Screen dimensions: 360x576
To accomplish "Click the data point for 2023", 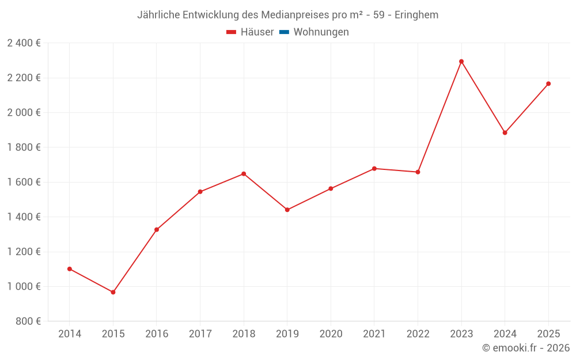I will pyautogui.click(x=461, y=62).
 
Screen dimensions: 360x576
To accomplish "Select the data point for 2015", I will pyautogui.click(x=113, y=292).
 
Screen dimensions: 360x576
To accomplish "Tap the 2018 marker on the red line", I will pyautogui.click(x=244, y=174).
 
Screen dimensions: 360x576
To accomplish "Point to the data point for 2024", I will pyautogui.click(x=505, y=133).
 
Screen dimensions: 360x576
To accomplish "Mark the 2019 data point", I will pyautogui.click(x=287, y=210).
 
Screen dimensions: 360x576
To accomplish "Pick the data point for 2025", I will pyautogui.click(x=548, y=84).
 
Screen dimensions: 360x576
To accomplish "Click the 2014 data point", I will pyautogui.click(x=70, y=269).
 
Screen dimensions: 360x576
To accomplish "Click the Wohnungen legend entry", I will pyautogui.click(x=321, y=32).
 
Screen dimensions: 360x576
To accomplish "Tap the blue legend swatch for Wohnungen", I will pyautogui.click(x=284, y=32).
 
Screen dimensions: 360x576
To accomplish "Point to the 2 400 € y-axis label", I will pyautogui.click(x=24, y=43).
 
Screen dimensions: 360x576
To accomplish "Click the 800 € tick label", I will pyautogui.click(x=28, y=321).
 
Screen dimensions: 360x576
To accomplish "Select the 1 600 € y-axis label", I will pyautogui.click(x=24, y=182).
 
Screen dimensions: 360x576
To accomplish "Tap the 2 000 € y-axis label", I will pyautogui.click(x=24, y=112).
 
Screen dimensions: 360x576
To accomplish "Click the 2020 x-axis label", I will pyautogui.click(x=331, y=334).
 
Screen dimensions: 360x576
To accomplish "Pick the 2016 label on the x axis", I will pyautogui.click(x=157, y=334).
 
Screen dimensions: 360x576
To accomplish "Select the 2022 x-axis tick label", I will pyautogui.click(x=418, y=334).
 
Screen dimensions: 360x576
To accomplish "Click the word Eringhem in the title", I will pyautogui.click(x=416, y=15).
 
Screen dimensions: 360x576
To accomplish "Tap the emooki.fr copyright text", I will pyautogui.click(x=526, y=348).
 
